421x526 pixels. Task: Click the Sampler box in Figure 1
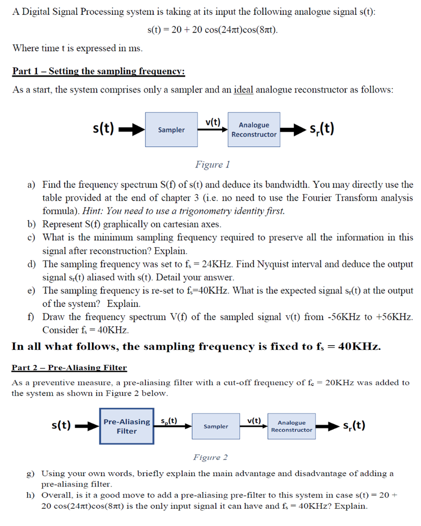coord(171,129)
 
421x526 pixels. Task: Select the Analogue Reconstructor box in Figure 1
coord(254,129)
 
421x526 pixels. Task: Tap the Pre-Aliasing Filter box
coord(126,426)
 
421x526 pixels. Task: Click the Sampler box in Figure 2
coord(216,426)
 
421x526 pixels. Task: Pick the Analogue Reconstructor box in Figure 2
coord(291,426)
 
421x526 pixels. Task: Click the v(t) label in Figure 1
coord(212,122)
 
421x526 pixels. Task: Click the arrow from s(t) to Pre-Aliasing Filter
coord(88,426)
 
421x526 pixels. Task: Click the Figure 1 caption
coord(212,164)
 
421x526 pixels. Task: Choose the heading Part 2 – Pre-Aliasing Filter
coord(69,367)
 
